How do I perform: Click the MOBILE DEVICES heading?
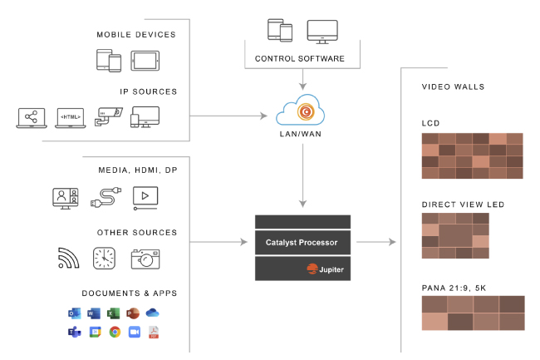pos(136,34)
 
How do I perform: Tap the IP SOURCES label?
pos(148,91)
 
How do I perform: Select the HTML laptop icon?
pos(70,117)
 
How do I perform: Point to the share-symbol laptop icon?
pos(31,117)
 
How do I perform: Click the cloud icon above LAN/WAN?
pos(302,109)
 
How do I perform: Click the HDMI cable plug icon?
pos(106,198)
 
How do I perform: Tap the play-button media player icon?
pos(145,198)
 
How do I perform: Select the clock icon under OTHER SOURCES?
pos(105,259)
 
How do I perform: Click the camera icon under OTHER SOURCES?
pos(145,259)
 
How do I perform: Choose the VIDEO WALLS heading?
pos(453,86)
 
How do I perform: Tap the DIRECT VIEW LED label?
pos(463,204)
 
